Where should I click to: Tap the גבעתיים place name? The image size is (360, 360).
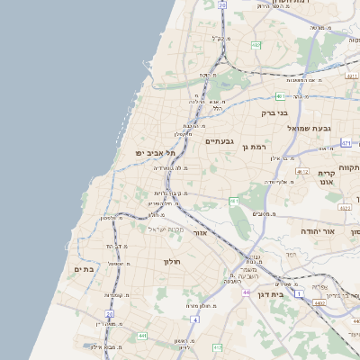pyautogui.click(x=219, y=141)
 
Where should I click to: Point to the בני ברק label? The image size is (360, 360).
pyautogui.click(x=273, y=113)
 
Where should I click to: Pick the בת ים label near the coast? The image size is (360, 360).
pyautogui.click(x=84, y=268)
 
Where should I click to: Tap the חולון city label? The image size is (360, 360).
pyautogui.click(x=172, y=261)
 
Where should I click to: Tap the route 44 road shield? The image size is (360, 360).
pyautogui.click(x=247, y=292)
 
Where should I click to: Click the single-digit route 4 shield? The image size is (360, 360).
pyautogui.click(x=195, y=319)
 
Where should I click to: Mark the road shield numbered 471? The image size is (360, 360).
pyautogui.click(x=280, y=95)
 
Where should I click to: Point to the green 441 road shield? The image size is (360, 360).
pyautogui.click(x=142, y=336)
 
